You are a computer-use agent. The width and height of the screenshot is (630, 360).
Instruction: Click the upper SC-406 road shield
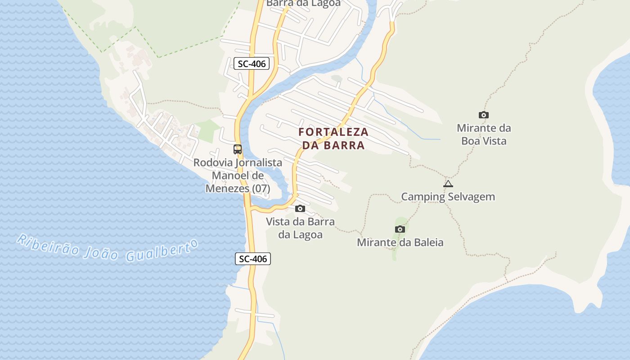[x=252, y=64]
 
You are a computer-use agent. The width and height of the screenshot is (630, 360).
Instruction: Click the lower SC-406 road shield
[x=253, y=259]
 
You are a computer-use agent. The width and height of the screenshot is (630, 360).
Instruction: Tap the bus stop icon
[x=238, y=149]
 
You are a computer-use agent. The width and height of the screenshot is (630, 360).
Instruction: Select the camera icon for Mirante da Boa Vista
[x=484, y=115]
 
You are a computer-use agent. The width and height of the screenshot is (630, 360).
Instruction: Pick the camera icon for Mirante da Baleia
[x=400, y=229]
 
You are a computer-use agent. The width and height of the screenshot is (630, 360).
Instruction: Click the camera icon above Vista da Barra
[x=300, y=209]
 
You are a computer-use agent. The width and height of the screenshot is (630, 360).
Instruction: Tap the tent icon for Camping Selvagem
[x=448, y=184]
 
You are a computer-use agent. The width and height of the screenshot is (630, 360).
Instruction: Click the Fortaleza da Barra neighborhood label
[x=333, y=139]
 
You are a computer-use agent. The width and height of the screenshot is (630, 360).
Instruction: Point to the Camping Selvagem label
[x=448, y=197]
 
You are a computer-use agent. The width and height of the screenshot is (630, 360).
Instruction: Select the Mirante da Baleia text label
[x=400, y=243]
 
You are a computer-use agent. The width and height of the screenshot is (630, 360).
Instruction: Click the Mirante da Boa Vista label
[x=484, y=135]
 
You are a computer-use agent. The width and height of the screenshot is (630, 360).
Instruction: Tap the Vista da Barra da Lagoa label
[x=300, y=228]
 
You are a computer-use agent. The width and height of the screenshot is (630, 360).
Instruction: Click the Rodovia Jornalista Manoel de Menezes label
[x=238, y=175]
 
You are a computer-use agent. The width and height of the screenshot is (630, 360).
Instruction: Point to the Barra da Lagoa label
[x=303, y=3]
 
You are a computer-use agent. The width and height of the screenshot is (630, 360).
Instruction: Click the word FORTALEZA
[x=333, y=132]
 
